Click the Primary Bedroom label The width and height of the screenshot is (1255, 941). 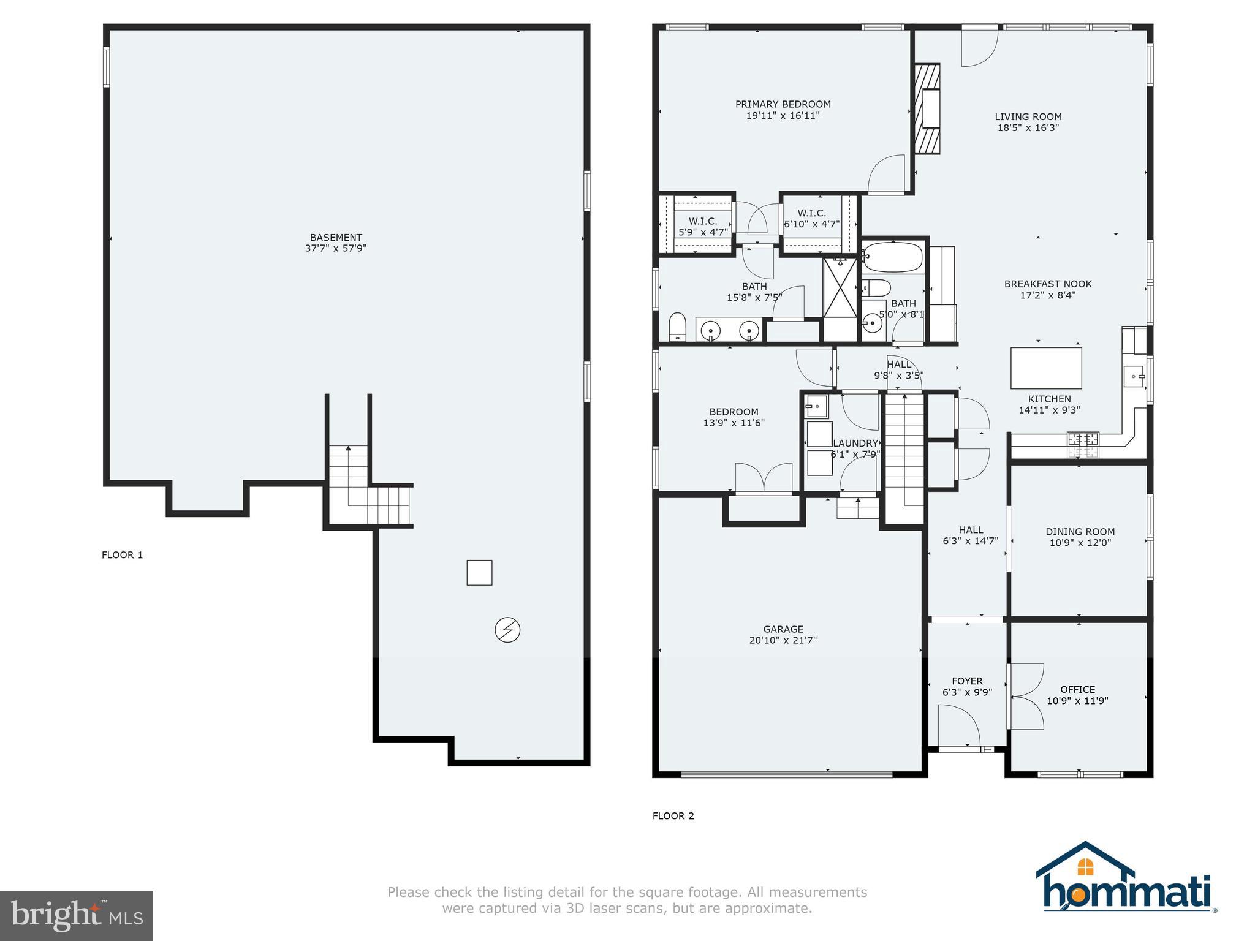(783, 104)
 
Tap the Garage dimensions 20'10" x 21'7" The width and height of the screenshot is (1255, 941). (783, 640)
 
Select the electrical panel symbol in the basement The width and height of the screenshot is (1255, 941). (507, 630)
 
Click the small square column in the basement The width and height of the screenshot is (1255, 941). (479, 573)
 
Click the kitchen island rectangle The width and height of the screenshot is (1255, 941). (1045, 368)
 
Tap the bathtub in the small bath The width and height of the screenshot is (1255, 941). (892, 257)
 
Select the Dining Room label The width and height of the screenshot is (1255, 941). (1080, 532)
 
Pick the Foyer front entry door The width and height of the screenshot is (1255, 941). (959, 728)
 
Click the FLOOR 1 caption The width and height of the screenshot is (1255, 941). (122, 555)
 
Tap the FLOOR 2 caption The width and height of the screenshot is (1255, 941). (673, 816)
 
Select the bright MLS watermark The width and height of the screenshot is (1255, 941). (77, 915)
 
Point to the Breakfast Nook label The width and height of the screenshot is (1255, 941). (1047, 284)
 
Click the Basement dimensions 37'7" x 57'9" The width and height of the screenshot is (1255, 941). (335, 249)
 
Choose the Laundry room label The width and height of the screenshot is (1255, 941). (855, 444)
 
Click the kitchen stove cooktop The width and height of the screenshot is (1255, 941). (1083, 439)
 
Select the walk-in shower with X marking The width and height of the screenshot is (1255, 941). (840, 288)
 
